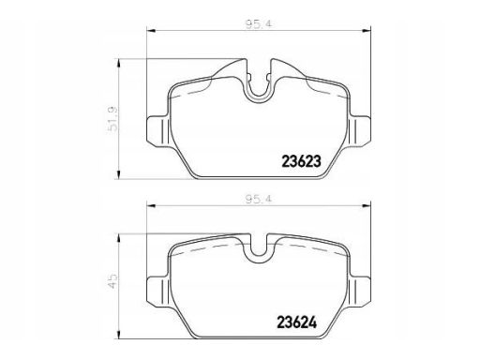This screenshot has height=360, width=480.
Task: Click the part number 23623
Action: (302, 161)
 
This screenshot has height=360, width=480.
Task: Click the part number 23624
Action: (297, 322)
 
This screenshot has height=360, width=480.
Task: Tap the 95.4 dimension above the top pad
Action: (258, 24)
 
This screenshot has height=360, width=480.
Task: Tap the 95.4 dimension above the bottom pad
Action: (258, 199)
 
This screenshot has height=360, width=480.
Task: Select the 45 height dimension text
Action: (112, 281)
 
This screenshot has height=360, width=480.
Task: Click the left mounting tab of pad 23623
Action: (158, 130)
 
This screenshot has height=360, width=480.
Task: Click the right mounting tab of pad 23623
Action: (359, 130)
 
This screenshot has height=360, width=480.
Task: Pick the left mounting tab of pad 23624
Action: (158, 292)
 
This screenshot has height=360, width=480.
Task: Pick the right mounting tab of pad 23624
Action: (359, 292)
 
